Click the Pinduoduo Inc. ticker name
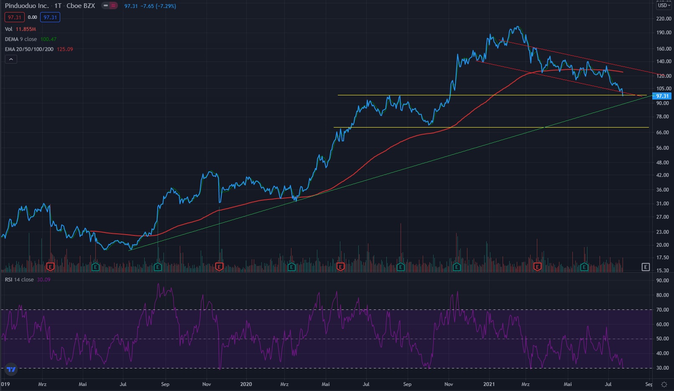click(26, 6)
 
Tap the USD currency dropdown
click(664, 5)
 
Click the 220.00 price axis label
click(664, 19)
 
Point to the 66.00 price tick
click(662, 133)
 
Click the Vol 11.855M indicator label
click(20, 29)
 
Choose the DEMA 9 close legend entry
click(21, 39)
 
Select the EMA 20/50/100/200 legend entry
click(29, 49)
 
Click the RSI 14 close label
click(19, 280)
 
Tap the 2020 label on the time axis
click(246, 384)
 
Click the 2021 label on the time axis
click(489, 384)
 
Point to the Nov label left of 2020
click(207, 384)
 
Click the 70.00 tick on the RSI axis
click(662, 310)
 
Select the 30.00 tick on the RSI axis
click(662, 368)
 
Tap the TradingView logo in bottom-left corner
click(11, 369)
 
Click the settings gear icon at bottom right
click(664, 384)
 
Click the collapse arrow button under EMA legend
click(11, 59)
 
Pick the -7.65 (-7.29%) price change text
click(158, 6)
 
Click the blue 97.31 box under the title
click(50, 18)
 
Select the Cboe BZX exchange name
click(81, 6)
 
